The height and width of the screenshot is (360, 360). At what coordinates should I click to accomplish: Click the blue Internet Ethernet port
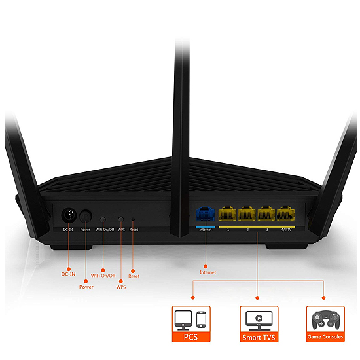pyautogui.click(x=205, y=213)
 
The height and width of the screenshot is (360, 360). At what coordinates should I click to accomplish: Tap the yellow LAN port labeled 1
pyautogui.click(x=227, y=213)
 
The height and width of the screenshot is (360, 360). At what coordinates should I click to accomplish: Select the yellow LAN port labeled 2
pyautogui.click(x=247, y=213)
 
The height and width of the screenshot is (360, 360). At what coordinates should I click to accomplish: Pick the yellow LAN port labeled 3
pyautogui.click(x=266, y=213)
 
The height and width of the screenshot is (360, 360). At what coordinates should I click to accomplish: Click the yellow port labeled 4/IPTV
pyautogui.click(x=285, y=213)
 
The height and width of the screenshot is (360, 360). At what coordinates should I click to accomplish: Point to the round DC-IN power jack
pyautogui.click(x=69, y=215)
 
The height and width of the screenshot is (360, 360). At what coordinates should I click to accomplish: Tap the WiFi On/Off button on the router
pyautogui.click(x=103, y=219)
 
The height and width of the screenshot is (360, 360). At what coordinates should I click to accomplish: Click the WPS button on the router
pyautogui.click(x=121, y=219)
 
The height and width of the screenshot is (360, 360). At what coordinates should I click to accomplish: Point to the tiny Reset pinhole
pyautogui.click(x=133, y=219)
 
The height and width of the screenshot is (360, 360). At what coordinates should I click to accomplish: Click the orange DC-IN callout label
pyautogui.click(x=68, y=274)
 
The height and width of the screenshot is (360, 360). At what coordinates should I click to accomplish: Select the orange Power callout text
pyautogui.click(x=86, y=287)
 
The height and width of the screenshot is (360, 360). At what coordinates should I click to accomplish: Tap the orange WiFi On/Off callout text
pyautogui.click(x=103, y=276)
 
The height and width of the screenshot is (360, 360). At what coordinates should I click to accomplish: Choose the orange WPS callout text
pyautogui.click(x=121, y=287)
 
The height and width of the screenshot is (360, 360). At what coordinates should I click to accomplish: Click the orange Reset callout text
pyautogui.click(x=134, y=276)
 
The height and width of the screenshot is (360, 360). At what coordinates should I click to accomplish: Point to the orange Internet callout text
pyautogui.click(x=207, y=272)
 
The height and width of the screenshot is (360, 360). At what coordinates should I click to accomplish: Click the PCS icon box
pyautogui.click(x=191, y=324)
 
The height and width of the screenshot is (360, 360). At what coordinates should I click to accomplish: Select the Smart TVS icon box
pyautogui.click(x=259, y=324)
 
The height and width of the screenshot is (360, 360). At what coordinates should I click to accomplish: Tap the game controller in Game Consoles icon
pyautogui.click(x=325, y=319)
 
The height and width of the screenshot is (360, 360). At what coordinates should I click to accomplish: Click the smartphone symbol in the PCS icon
pyautogui.click(x=201, y=319)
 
